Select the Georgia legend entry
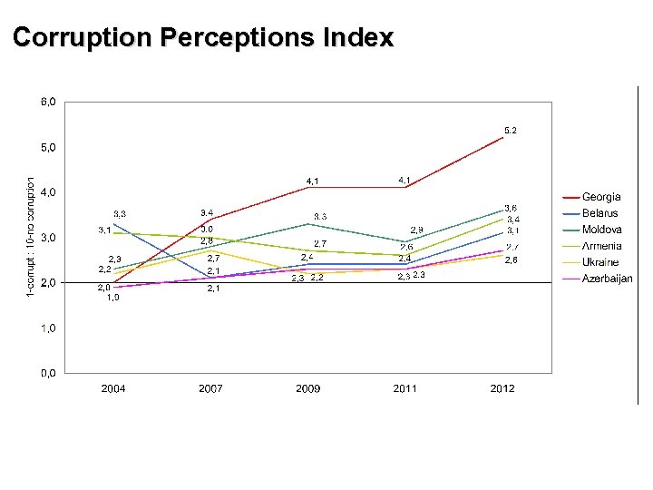[x=601, y=197]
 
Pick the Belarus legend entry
[x=599, y=213]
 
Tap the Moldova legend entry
[x=601, y=230]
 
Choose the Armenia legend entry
[x=601, y=246]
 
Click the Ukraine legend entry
[x=600, y=262]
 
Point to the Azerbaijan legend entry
[x=607, y=279]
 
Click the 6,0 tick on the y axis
[x=47, y=103]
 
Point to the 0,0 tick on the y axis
[x=47, y=373]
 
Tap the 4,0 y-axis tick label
[x=47, y=192]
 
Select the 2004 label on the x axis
[x=113, y=388]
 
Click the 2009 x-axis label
[x=307, y=388]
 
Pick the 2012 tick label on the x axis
[x=502, y=388]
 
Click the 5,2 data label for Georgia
[x=510, y=131]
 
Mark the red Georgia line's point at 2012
[x=502, y=138]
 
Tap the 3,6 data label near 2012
[x=512, y=208]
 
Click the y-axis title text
[x=31, y=235]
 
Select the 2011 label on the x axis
[x=404, y=388]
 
